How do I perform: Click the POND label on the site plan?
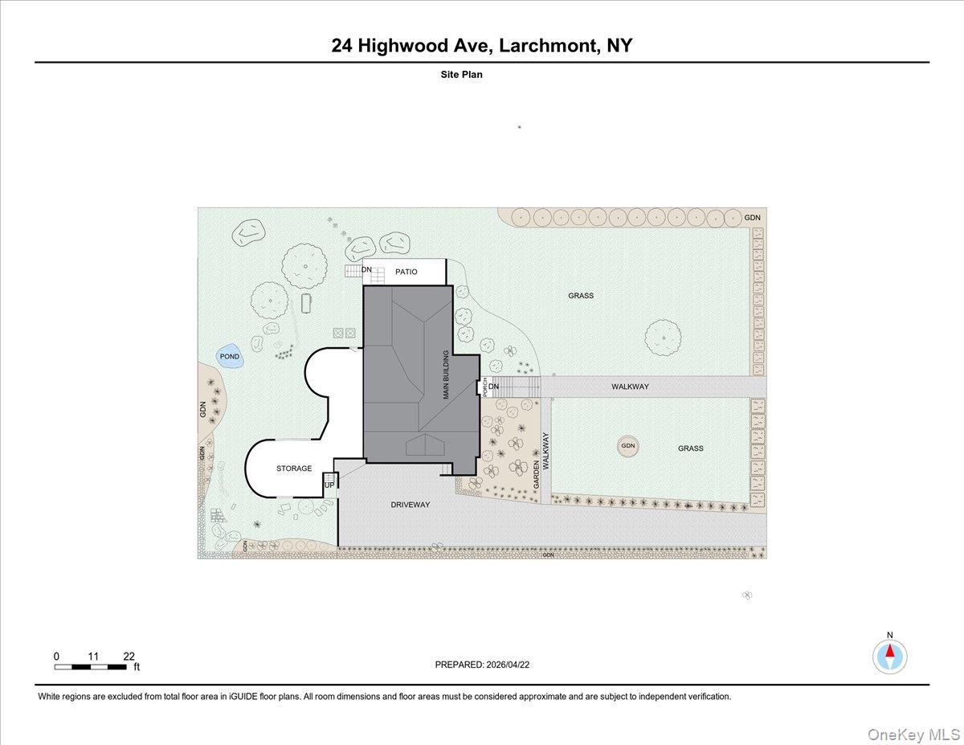[x=230, y=356]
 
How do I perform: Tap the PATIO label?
[x=406, y=272]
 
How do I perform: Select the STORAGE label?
[x=294, y=469]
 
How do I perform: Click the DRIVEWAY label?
[x=411, y=505]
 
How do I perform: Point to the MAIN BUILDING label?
[x=447, y=375]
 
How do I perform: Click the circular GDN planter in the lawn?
[x=627, y=446]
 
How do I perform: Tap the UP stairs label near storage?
[x=329, y=485]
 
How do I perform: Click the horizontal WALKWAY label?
[x=630, y=387]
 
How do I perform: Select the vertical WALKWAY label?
[x=545, y=452]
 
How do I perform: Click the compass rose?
[x=889, y=656]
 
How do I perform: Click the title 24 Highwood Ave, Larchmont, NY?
[x=482, y=46]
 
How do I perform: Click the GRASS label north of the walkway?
[x=581, y=296]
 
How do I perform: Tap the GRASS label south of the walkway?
[x=690, y=448]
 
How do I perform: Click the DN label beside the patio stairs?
[x=366, y=270]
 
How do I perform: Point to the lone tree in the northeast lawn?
[x=663, y=338]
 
